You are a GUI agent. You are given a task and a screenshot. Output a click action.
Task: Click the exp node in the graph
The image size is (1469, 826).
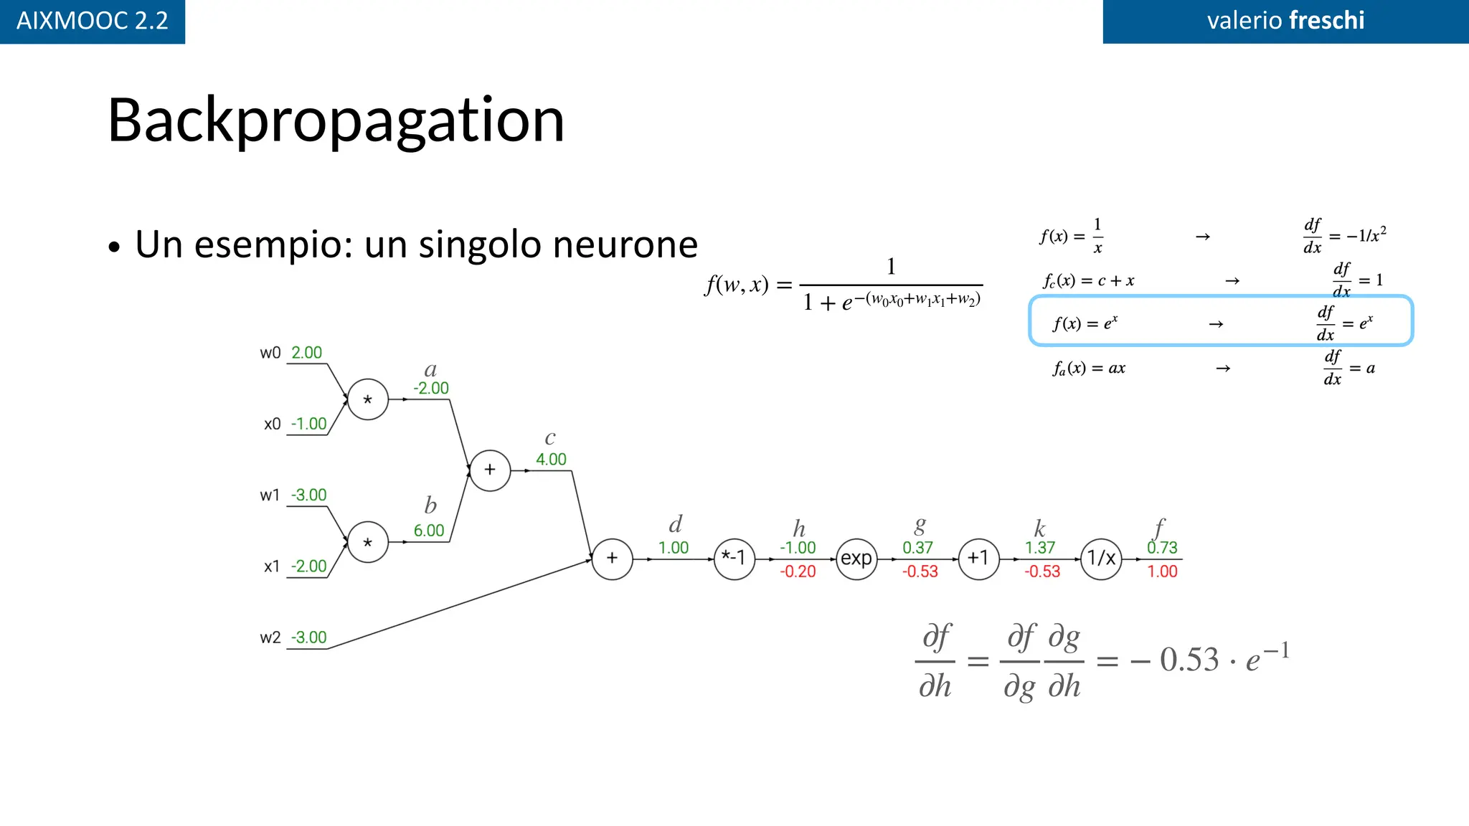coord(856,559)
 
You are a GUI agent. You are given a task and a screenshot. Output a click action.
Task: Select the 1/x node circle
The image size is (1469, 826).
coord(1101,559)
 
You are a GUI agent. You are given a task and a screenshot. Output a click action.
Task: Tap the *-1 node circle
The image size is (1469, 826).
coord(734,559)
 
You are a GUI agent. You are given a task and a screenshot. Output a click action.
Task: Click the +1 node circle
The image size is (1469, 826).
coord(978,559)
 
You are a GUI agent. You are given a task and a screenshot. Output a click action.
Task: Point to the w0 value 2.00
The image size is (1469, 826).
coord(306,353)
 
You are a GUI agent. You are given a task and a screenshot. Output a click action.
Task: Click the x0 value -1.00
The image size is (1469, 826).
coord(308,424)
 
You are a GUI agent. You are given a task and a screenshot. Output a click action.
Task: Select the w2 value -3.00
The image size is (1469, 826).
coord(308,637)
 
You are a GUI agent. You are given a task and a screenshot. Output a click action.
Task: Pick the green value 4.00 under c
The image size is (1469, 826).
coord(551,460)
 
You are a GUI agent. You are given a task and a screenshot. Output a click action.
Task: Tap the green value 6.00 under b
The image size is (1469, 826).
coord(429,531)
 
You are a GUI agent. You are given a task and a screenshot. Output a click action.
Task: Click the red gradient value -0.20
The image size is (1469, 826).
coord(798,571)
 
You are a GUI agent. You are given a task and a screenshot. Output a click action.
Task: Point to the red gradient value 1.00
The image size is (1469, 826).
coord(1162,571)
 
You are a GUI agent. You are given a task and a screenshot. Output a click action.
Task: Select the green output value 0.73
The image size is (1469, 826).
coord(1162,548)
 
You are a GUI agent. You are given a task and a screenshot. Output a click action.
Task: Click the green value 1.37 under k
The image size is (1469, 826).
coord(1040,548)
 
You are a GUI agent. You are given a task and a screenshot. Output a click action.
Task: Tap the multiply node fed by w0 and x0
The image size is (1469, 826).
coord(368,399)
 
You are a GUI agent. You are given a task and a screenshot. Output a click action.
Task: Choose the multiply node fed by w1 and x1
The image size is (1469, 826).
coord(368,542)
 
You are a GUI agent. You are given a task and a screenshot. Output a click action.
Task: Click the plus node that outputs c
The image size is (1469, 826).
coord(490,470)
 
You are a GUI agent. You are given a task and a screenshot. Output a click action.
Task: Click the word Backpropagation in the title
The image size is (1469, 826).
coord(336,120)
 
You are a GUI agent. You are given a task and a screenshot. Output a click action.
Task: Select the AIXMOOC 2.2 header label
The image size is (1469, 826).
coord(92,21)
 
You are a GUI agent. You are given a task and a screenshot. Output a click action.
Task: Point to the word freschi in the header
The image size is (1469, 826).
coord(1326,20)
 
